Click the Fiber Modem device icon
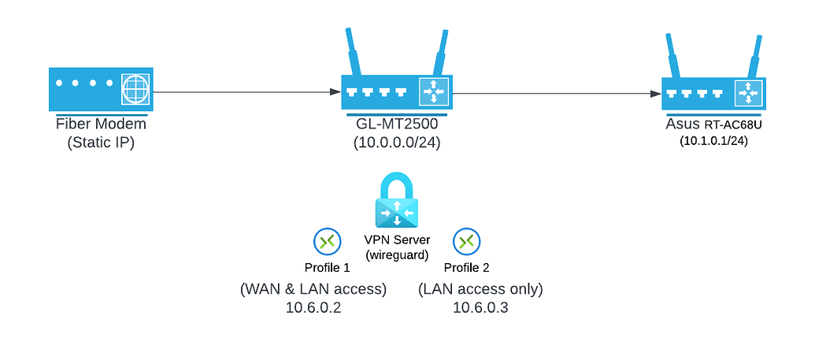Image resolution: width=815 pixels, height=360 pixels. (x=100, y=89)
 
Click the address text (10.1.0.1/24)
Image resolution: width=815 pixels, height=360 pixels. (x=715, y=141)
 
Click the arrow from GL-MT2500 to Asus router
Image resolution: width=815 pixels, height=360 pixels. (x=556, y=93)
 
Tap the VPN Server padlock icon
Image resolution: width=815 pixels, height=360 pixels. (x=397, y=202)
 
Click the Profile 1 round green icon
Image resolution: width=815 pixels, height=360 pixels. (x=326, y=241)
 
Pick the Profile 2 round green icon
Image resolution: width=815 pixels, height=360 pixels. (x=467, y=241)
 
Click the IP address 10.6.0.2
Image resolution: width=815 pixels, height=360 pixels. (x=313, y=307)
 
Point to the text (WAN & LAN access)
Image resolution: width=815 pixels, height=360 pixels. (x=313, y=289)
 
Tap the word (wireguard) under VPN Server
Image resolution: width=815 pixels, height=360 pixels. (x=397, y=254)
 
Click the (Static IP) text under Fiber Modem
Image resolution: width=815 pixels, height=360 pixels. (x=100, y=143)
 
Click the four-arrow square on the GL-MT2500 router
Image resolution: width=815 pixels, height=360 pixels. (x=432, y=92)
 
